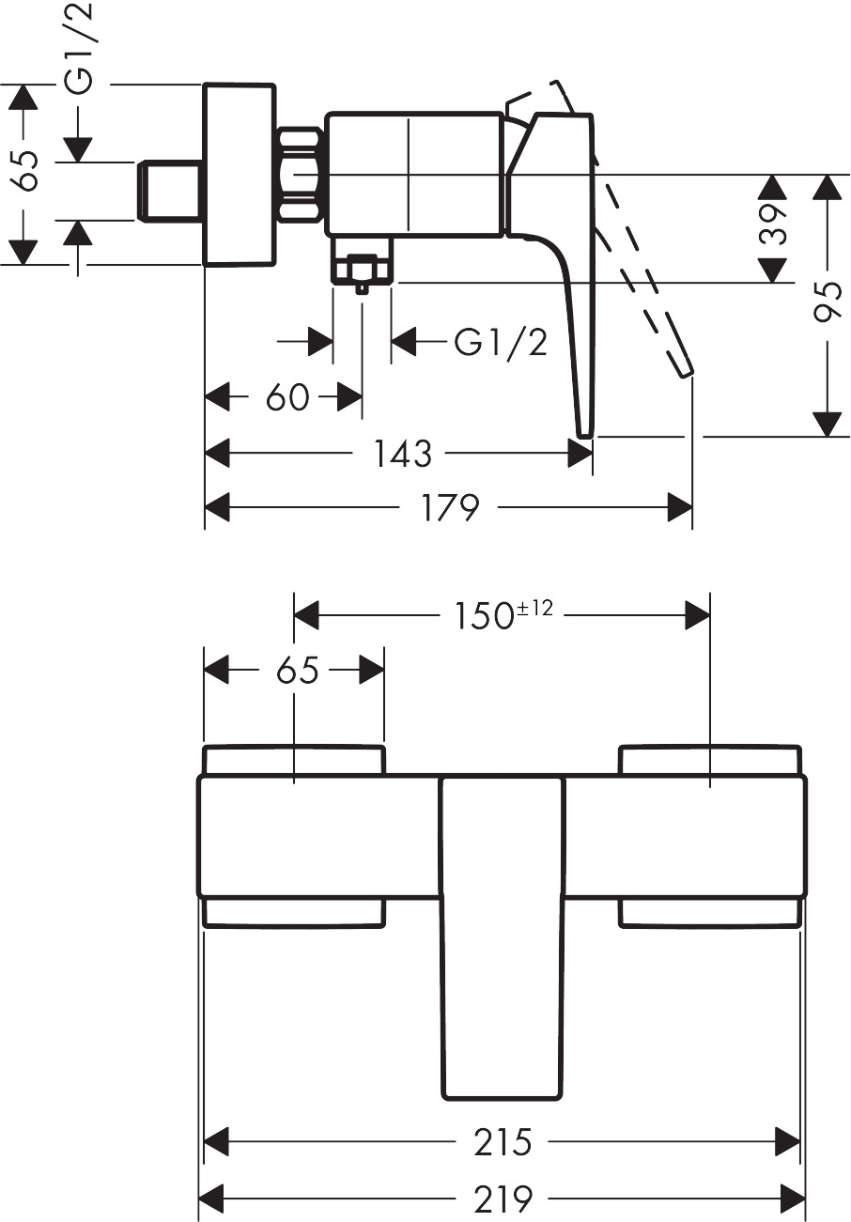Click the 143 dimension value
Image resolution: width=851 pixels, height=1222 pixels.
click(403, 454)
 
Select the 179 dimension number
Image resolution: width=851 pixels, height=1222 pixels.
click(451, 508)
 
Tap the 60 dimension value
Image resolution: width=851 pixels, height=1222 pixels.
click(286, 397)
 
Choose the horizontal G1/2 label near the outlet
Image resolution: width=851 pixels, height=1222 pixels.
click(500, 343)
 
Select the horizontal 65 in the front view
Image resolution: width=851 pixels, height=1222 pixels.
click(298, 671)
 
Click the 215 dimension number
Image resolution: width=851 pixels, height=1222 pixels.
click(503, 1142)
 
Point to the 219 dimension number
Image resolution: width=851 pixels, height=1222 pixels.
click(503, 1199)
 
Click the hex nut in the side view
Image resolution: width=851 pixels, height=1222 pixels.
click(301, 176)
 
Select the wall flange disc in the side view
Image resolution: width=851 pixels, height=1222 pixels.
click(240, 176)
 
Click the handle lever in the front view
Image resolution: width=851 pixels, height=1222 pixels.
click(503, 939)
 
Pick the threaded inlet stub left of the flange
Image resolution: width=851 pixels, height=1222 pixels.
click(169, 191)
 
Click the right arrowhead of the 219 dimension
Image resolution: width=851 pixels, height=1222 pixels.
click(794, 1199)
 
